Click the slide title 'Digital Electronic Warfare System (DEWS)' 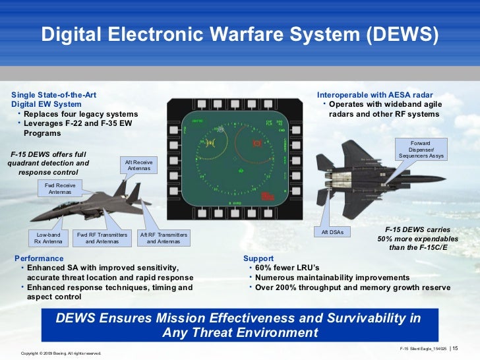coord(239,34)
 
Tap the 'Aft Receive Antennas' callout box coord(139,165)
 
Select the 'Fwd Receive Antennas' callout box coord(60,189)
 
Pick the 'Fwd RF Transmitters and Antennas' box coord(102,238)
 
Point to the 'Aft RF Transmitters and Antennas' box coord(164,238)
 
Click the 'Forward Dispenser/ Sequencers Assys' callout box coord(421,150)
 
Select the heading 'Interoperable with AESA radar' coord(375,95)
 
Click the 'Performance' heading coord(39,258)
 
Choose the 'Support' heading coord(258,258)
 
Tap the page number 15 coord(455,348)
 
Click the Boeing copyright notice coord(61,353)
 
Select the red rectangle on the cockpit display coord(267,196)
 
